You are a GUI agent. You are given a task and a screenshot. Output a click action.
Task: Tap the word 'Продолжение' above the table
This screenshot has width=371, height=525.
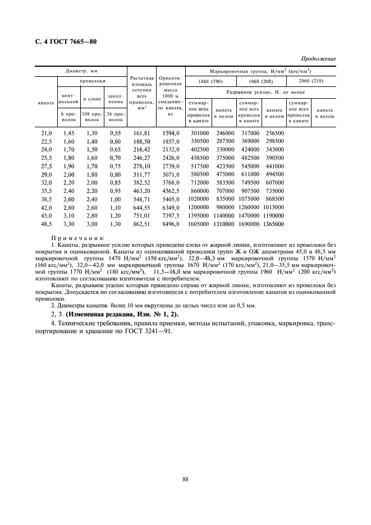(319, 59)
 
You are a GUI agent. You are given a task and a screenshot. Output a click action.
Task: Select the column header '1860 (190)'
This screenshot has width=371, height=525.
(210, 82)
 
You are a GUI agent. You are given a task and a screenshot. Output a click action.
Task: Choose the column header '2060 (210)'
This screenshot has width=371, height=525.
(312, 82)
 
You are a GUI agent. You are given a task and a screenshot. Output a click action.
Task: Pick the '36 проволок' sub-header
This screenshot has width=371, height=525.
(115, 117)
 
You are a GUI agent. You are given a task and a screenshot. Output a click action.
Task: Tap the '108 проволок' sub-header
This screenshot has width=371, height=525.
(91, 117)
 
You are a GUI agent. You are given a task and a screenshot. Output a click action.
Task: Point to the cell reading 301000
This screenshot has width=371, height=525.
(199, 133)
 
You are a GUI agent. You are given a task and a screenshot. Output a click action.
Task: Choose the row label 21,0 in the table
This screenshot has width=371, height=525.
(46, 133)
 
